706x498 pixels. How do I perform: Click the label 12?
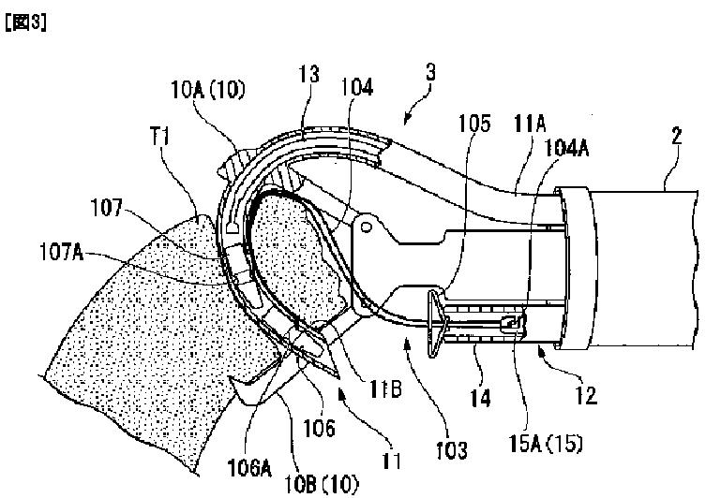tap(586, 396)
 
